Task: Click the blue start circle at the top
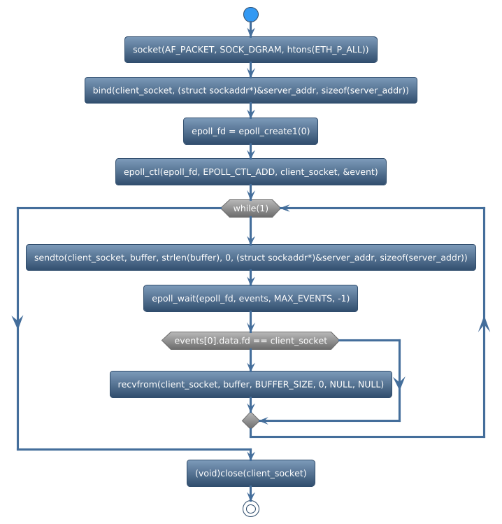click(x=251, y=15)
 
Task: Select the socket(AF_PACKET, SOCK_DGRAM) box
click(x=251, y=50)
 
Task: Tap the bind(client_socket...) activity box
click(x=251, y=90)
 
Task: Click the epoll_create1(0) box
click(x=251, y=131)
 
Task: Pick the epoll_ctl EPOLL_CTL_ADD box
click(x=251, y=171)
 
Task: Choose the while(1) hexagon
click(x=251, y=208)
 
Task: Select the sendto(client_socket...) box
click(x=251, y=257)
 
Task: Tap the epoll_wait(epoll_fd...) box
click(x=251, y=298)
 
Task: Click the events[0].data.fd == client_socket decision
click(x=251, y=341)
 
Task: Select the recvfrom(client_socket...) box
click(x=251, y=384)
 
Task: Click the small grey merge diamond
click(x=251, y=420)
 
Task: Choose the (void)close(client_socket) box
click(x=251, y=473)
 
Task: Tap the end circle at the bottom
click(x=251, y=509)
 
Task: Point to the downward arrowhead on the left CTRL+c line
click(x=17, y=320)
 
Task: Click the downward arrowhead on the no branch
click(x=399, y=382)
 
